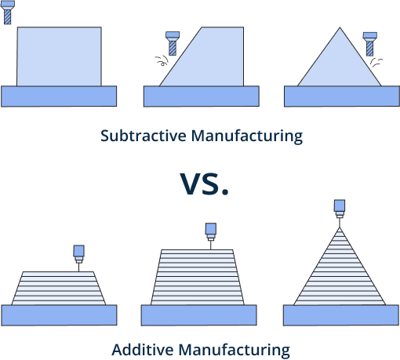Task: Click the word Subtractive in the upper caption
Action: (138, 136)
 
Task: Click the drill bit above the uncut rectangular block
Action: (8, 12)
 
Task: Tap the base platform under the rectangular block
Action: (59, 96)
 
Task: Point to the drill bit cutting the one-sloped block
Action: (172, 42)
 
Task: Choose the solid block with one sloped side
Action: (208, 63)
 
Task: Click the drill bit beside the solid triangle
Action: (369, 43)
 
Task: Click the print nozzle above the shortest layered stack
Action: (78, 253)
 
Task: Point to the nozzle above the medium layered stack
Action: (210, 231)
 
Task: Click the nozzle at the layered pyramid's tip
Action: (339, 209)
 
